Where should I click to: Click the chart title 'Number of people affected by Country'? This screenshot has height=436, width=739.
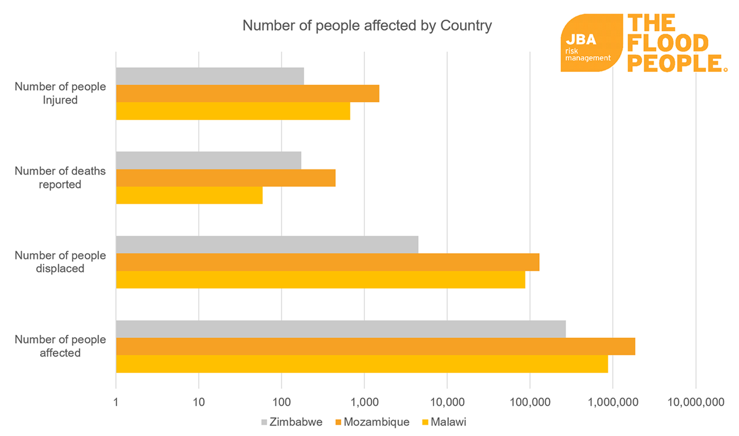point(367,26)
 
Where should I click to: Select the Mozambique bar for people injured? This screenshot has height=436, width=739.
point(247,94)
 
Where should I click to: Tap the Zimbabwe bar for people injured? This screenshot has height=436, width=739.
point(209,76)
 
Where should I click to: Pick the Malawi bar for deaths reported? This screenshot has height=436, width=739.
point(189,195)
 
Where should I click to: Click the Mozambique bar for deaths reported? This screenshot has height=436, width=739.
point(225,178)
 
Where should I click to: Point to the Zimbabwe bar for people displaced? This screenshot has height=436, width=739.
point(267,245)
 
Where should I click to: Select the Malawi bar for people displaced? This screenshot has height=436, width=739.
point(320,279)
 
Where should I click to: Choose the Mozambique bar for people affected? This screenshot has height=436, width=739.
point(375,347)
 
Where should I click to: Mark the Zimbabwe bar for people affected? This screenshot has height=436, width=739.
point(340,330)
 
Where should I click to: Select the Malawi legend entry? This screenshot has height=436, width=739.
point(445,422)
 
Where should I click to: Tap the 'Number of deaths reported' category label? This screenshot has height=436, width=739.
point(60,178)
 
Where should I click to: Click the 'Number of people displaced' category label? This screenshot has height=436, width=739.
point(60,262)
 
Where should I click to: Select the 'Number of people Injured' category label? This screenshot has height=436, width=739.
point(60,94)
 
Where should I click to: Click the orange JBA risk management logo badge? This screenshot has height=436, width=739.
point(591,43)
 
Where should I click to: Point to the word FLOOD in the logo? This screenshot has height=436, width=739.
point(668,43)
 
